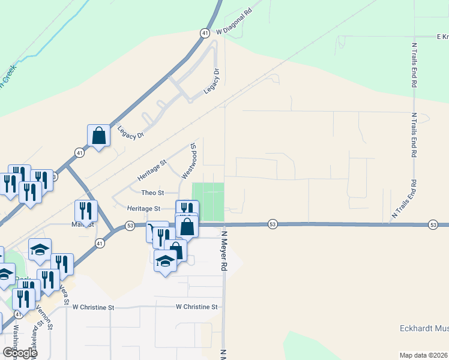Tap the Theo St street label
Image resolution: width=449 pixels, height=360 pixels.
152,193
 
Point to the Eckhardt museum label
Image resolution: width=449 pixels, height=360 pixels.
424,328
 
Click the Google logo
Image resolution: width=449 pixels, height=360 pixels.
19,352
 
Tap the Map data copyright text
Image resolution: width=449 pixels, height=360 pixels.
424,355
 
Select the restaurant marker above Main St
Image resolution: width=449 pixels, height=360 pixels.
86,211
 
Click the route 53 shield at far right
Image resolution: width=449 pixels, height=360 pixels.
433,224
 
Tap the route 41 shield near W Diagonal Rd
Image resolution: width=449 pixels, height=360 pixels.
205,32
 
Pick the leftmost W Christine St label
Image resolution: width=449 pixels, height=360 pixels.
93,307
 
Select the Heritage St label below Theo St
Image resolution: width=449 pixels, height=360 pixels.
143,209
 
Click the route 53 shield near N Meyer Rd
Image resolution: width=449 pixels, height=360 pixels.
273,224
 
